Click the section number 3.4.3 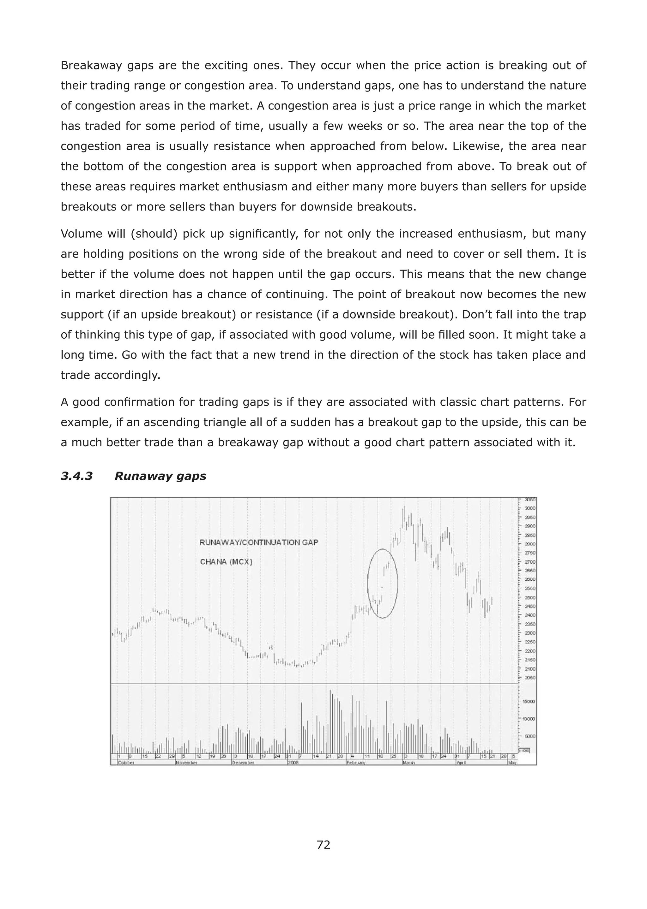click(x=76, y=476)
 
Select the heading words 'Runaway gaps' click(x=160, y=476)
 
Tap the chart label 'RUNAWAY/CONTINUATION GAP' click(x=258, y=543)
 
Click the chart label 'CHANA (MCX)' click(x=226, y=562)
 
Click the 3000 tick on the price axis click(x=530, y=508)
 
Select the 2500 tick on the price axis click(x=530, y=598)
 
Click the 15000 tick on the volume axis click(x=529, y=702)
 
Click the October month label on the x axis click(x=126, y=763)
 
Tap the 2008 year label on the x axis click(x=293, y=763)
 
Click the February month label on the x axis click(x=356, y=763)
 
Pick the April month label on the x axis click(x=461, y=763)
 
